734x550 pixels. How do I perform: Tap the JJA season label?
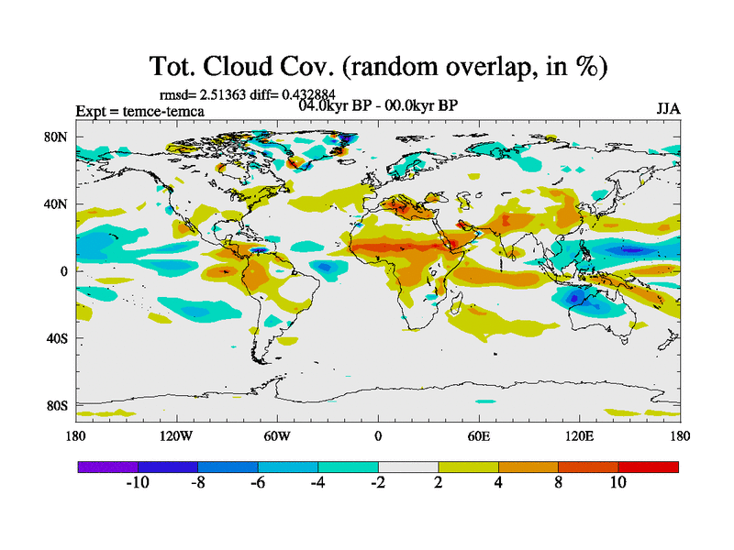pos(667,108)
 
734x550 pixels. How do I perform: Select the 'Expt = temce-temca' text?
pos(139,112)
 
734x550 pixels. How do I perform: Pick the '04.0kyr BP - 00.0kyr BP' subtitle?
pos(378,104)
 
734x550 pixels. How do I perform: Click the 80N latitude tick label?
pos(57,137)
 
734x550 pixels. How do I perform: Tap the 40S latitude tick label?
pos(57,338)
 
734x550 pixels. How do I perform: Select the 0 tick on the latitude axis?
pos(65,271)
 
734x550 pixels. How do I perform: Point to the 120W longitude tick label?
pos(175,436)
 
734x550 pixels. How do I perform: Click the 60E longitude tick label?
pos(479,436)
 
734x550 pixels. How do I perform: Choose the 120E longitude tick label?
pos(579,436)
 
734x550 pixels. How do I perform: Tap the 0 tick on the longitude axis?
pos(377,436)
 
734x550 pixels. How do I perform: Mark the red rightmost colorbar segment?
pos(648,467)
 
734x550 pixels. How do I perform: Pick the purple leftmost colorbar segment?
pos(107,467)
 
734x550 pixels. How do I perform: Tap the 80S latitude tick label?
pos(57,405)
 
